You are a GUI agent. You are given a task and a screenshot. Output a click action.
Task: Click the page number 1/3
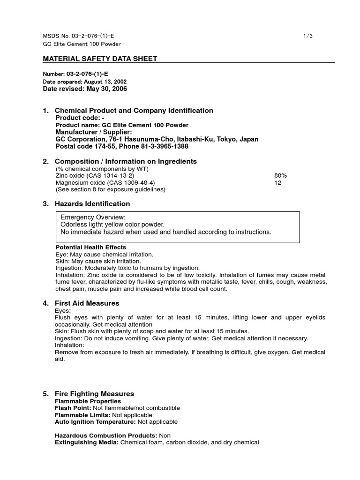tap(307, 36)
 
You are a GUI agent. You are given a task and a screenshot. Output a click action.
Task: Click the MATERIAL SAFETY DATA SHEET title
tap(100, 59)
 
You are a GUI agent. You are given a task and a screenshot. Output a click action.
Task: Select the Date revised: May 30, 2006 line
tap(85, 89)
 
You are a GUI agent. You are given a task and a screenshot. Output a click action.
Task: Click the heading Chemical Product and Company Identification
tap(134, 111)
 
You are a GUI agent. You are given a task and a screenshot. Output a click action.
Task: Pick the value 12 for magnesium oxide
tap(277, 182)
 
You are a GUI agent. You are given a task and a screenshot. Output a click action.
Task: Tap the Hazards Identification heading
tap(92, 204)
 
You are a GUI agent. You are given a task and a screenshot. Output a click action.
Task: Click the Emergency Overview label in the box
tap(93, 217)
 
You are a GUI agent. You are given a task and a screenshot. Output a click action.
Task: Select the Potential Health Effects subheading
tap(90, 247)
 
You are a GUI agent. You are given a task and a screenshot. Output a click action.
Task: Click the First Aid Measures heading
tap(87, 303)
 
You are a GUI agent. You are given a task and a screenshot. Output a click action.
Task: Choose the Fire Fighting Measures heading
tap(94, 394)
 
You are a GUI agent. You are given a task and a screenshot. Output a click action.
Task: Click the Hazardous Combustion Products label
tap(106, 435)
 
